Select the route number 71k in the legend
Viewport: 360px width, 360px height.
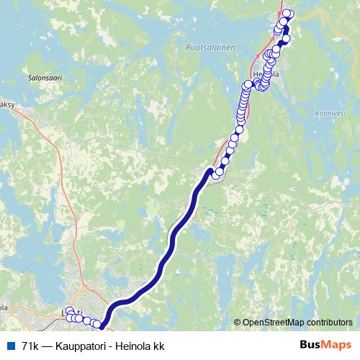(30, 346)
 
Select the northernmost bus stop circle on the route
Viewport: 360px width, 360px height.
(288, 14)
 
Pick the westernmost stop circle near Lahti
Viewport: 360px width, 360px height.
(69, 317)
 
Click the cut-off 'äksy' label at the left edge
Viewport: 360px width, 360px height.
(6, 104)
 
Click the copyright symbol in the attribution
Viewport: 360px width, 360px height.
(237, 322)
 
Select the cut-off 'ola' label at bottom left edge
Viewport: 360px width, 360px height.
(4, 307)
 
